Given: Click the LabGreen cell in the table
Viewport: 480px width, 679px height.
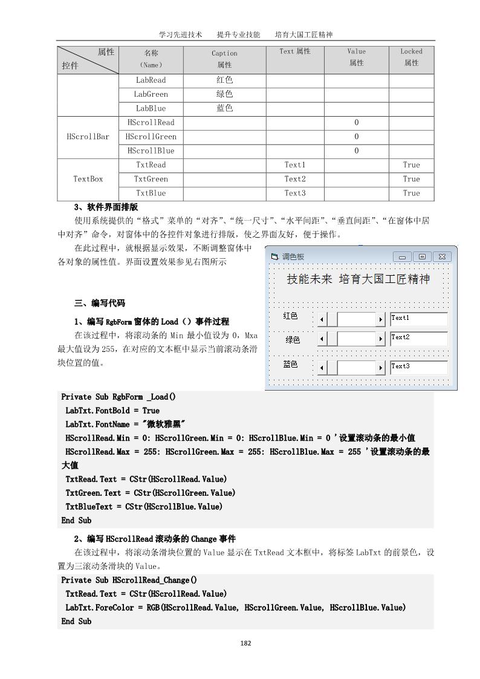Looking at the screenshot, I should tap(151, 94).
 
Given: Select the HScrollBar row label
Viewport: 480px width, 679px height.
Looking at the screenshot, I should tap(88, 137).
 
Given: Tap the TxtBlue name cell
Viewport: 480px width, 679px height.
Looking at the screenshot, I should tap(151, 193).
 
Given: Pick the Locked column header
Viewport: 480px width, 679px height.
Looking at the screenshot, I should tap(411, 57).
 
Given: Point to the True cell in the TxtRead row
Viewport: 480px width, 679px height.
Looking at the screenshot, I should tap(411, 165).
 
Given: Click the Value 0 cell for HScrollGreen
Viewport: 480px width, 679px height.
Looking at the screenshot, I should tap(356, 137).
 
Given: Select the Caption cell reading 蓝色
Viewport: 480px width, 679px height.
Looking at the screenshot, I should tap(224, 109).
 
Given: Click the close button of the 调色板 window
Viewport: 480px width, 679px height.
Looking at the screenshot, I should tap(442, 257).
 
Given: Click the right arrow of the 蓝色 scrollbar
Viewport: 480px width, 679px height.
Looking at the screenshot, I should tap(381, 367).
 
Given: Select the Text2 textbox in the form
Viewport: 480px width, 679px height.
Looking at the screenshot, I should tap(419, 338).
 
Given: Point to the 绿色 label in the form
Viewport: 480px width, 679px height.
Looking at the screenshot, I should tap(293, 340).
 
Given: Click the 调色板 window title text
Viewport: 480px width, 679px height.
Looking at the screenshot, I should tap(293, 257).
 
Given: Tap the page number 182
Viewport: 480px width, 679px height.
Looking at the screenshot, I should tap(245, 643).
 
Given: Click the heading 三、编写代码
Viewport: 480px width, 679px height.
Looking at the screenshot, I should tap(99, 303).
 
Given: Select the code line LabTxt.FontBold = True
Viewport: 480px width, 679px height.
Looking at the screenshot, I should tap(112, 410).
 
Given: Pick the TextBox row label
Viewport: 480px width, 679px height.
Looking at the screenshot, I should tap(88, 179).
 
